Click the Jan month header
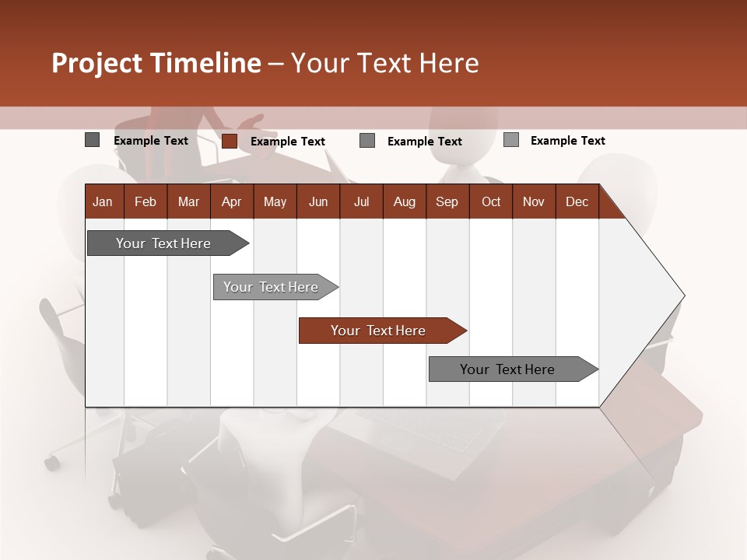103,201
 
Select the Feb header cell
146,201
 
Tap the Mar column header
188,201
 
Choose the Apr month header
232,201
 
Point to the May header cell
275,201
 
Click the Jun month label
318,201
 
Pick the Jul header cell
361,201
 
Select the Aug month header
405,201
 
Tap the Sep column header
447,201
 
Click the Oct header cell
491,201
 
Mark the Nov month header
534,201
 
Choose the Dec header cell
577,201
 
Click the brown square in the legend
229,141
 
